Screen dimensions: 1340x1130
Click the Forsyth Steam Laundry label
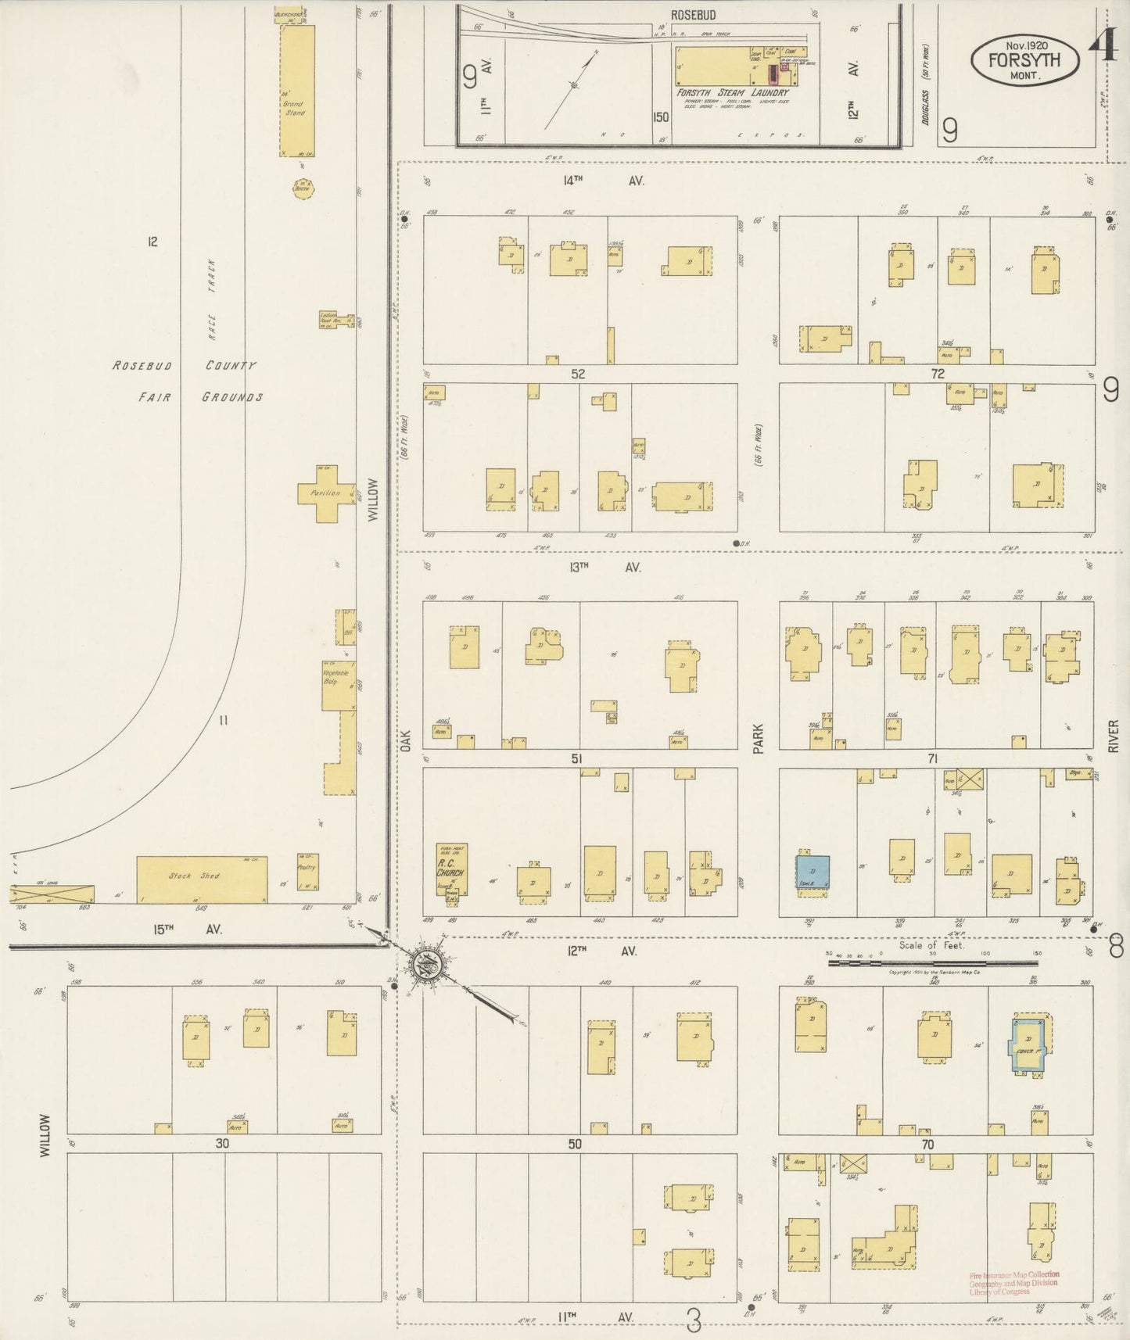(733, 92)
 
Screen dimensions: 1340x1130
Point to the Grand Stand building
(296, 90)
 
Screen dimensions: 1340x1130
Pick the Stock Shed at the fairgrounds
(201, 880)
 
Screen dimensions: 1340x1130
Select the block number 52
(578, 374)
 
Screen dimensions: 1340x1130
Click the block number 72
(937, 374)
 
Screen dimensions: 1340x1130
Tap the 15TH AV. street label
(187, 930)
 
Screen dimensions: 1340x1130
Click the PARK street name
(758, 738)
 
